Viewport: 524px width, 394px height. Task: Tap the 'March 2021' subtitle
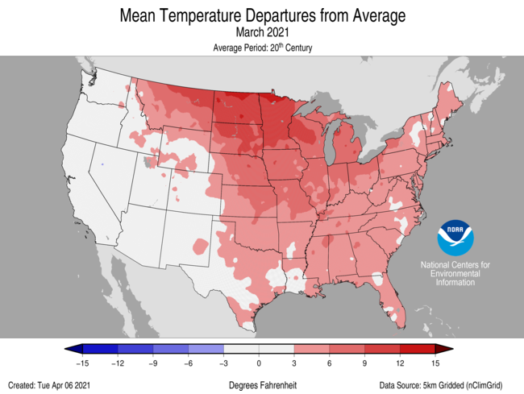[x=262, y=32]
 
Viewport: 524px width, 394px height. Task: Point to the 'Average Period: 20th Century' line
[x=262, y=48]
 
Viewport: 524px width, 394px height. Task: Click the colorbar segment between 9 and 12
[x=383, y=348]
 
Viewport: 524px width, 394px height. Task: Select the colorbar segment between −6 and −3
[x=206, y=348]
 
